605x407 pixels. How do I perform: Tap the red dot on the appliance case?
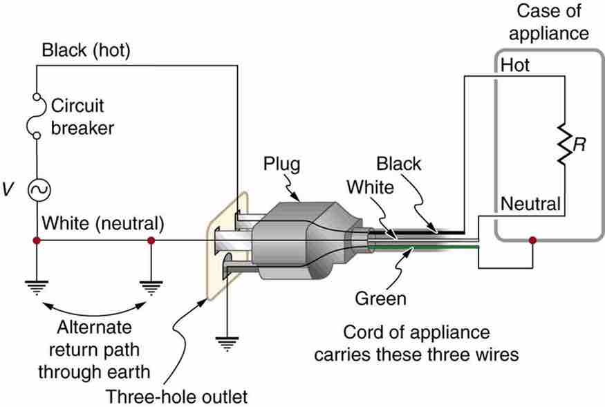click(532, 241)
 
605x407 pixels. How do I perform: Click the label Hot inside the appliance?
click(514, 65)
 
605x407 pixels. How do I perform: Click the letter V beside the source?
click(8, 188)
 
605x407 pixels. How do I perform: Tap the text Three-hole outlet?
click(176, 396)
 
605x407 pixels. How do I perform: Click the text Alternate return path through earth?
click(93, 348)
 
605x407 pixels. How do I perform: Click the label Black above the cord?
click(399, 164)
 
